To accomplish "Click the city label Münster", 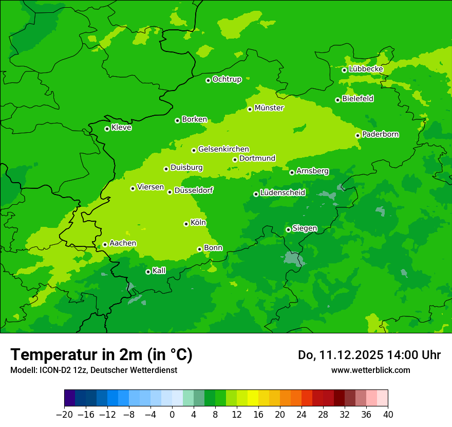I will click(269, 108).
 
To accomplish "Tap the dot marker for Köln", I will click(186, 224).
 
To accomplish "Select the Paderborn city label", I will click(381, 135).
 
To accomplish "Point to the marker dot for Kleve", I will click(107, 129).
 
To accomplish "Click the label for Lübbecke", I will click(366, 69).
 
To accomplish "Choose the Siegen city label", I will click(305, 228).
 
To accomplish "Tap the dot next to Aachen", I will click(105, 244).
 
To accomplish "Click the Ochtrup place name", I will click(227, 79).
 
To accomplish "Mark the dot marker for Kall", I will click(148, 272).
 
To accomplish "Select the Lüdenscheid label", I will click(282, 193).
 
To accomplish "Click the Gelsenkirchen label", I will click(223, 149).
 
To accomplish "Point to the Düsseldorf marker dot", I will click(169, 192).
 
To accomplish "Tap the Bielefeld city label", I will click(358, 99).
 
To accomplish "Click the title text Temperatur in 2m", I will click(101, 354).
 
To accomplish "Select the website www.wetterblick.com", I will click(370, 370).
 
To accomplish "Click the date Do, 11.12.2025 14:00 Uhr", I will click(369, 355).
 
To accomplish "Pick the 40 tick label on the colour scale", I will click(388, 415).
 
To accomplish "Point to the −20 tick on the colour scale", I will click(64, 415).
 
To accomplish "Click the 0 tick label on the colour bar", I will click(172, 415).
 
